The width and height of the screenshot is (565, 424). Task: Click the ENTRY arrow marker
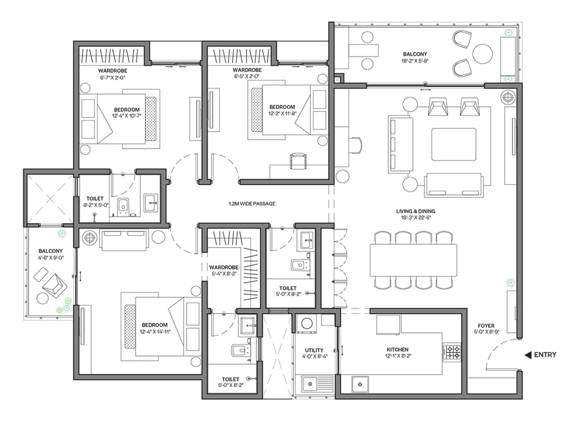[528, 355]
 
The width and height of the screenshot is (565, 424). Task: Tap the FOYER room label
[486, 326]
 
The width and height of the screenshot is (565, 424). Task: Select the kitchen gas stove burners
[452, 352]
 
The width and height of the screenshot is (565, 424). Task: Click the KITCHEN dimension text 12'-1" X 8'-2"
[398, 356]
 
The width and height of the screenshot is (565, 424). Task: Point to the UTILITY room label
[314, 350]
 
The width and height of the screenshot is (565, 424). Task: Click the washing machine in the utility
[307, 324]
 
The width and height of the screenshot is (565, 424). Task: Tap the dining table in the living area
[413, 260]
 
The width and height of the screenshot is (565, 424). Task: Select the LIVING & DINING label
[416, 211]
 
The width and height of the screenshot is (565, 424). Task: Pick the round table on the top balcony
[482, 54]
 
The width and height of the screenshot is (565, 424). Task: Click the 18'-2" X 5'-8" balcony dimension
[415, 61]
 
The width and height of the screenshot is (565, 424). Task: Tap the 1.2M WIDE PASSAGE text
[252, 204]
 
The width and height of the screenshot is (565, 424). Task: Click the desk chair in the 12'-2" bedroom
[298, 161]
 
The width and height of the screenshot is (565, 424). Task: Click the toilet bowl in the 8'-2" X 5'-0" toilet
[123, 206]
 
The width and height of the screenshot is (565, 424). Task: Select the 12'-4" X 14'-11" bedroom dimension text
[155, 331]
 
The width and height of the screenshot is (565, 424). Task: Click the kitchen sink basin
[360, 384]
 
